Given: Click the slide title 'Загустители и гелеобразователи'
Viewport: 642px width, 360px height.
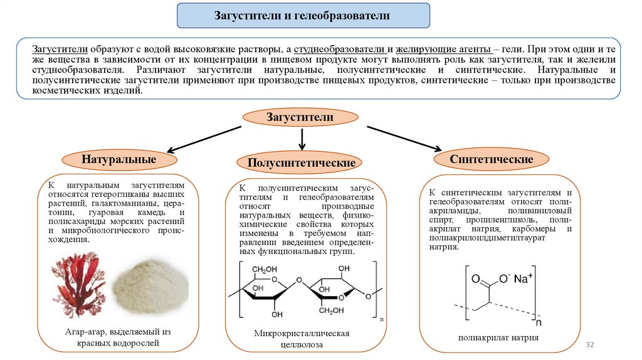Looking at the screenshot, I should [x=303, y=16].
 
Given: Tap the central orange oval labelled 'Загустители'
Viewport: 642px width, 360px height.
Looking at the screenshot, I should [x=300, y=117].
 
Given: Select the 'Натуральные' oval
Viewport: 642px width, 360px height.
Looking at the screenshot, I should [x=118, y=159].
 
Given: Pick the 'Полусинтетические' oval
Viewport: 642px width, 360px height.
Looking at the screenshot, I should [x=302, y=162].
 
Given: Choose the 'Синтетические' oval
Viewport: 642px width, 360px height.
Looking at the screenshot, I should [x=492, y=159].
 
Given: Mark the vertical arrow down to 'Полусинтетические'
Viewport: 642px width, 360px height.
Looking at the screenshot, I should [x=303, y=139].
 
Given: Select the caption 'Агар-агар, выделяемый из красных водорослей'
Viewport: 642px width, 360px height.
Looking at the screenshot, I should [x=118, y=337].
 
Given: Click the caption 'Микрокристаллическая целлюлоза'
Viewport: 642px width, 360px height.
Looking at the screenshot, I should [x=302, y=338].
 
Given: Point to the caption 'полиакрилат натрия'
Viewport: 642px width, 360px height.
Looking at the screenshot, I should [x=498, y=337].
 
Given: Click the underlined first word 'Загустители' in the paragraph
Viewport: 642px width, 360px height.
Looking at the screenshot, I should [x=60, y=48].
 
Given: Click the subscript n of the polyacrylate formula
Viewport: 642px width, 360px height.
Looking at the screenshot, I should [x=538, y=324].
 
